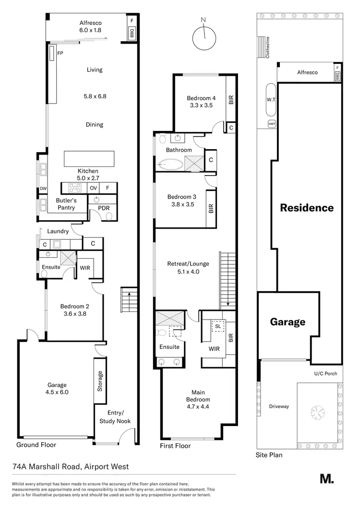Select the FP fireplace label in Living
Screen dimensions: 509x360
pyautogui.click(x=60, y=54)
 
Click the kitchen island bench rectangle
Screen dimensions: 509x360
pyautogui.click(x=89, y=158)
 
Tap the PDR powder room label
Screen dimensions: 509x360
pyautogui.click(x=104, y=208)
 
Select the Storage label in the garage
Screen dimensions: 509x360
pyautogui.click(x=100, y=381)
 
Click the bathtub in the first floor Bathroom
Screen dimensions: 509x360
pyautogui.click(x=170, y=165)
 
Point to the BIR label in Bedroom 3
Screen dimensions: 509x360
pyautogui.click(x=211, y=209)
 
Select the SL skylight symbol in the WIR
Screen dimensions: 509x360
pyautogui.click(x=218, y=325)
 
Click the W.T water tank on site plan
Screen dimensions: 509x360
pyautogui.click(x=271, y=100)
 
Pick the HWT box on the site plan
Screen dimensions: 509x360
pyautogui.click(x=272, y=124)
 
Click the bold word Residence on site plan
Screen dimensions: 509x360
pyautogui.click(x=307, y=208)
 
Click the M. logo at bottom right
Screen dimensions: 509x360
pyautogui.click(x=326, y=478)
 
